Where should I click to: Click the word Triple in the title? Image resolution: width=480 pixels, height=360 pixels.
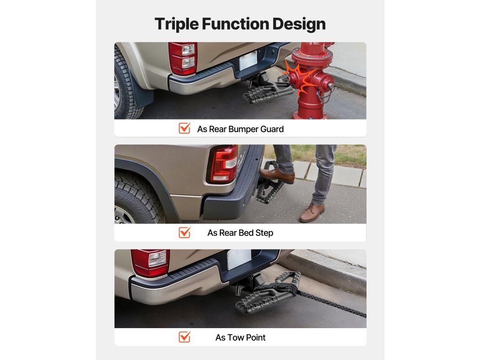[x=176, y=24]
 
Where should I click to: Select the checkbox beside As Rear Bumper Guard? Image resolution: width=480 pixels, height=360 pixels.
[x=185, y=128]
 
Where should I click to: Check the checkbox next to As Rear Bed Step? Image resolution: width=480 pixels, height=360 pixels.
[x=185, y=232]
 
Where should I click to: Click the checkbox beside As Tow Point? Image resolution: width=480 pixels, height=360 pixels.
[x=185, y=337]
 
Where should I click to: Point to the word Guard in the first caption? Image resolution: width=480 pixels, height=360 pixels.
[x=272, y=129]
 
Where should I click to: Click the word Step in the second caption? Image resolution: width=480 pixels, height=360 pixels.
[x=264, y=233]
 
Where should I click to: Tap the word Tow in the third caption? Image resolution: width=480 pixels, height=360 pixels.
[x=235, y=337]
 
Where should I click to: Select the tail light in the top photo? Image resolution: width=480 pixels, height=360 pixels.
[x=182, y=59]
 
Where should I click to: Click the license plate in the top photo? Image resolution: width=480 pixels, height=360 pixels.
[x=248, y=60]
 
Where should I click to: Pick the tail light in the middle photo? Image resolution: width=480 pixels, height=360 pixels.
[x=223, y=164]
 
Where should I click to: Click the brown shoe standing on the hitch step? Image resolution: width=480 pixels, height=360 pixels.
[x=277, y=175]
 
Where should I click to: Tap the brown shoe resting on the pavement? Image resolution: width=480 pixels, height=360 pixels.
[x=312, y=212]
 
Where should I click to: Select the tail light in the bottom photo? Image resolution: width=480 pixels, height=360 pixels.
[x=150, y=262]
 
